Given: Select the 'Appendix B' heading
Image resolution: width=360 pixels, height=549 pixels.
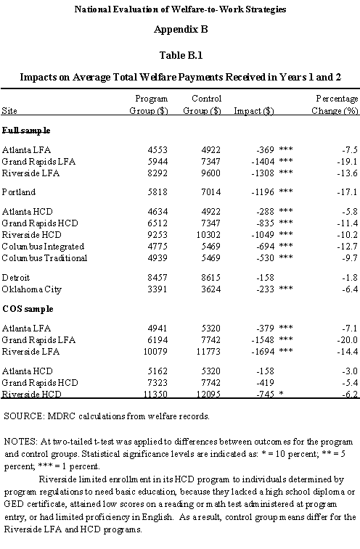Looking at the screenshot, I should point(179,30).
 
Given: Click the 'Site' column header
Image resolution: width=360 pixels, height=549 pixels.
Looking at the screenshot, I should point(10,111).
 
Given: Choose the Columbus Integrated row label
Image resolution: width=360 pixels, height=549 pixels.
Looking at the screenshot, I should point(43,246).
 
